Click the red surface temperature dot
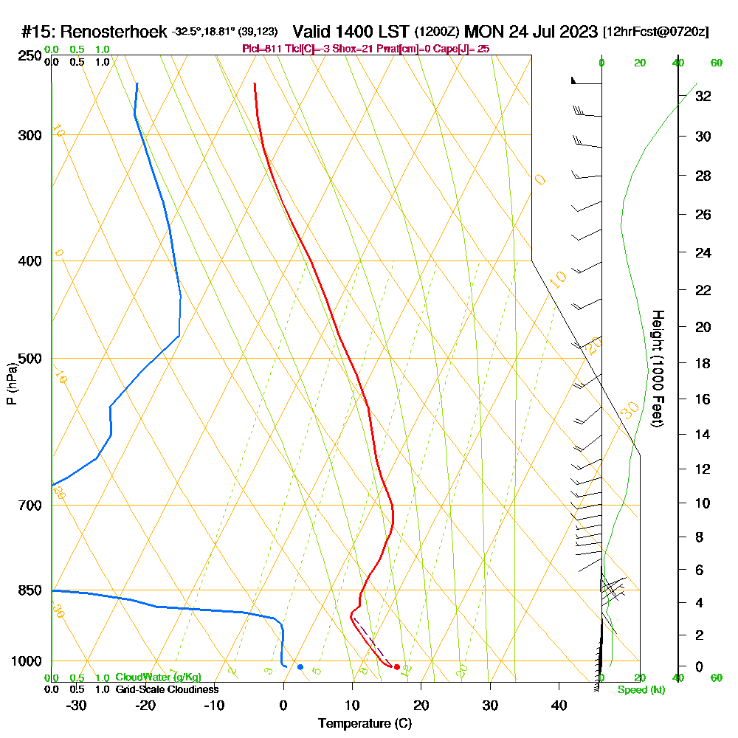(397, 667)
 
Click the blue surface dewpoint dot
(300, 667)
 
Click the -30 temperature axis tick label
(76, 705)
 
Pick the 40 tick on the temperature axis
(559, 705)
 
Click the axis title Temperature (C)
(365, 724)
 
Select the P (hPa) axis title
(11, 383)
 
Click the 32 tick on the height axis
(703, 96)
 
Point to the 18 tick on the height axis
(703, 363)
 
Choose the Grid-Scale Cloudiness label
(167, 689)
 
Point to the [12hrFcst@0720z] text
(656, 32)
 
